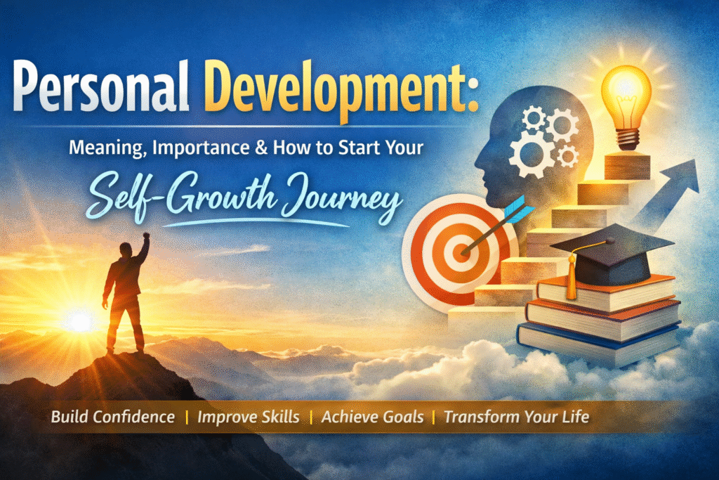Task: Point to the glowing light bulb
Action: point(626,98)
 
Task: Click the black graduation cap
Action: point(612,249)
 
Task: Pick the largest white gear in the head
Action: point(532,153)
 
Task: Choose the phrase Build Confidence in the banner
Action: point(112,417)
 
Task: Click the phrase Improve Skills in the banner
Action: point(249,417)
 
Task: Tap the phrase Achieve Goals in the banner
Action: point(373,417)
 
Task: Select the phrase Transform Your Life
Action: point(516,417)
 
